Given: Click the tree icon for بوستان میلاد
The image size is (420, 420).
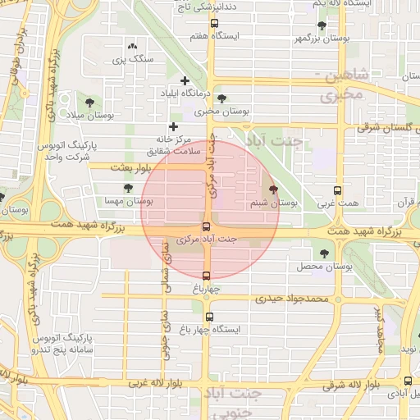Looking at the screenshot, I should (89, 103).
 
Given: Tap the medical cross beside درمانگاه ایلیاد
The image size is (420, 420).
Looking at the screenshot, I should (185, 80).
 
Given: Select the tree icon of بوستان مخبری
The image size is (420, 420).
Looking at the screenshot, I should (221, 98).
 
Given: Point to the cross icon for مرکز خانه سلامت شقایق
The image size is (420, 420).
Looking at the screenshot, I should (173, 126).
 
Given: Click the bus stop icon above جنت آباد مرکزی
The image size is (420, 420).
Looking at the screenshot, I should (206, 227).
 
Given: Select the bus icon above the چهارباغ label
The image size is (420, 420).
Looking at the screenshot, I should (206, 276).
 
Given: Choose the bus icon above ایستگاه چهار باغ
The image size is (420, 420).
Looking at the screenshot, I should (209, 317).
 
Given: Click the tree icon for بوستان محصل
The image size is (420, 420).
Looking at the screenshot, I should (325, 253).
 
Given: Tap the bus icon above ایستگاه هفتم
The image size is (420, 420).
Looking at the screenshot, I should (214, 25).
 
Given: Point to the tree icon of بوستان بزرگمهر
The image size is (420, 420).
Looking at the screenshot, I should (321, 25).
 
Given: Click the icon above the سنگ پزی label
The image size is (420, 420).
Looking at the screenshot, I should (133, 45).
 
